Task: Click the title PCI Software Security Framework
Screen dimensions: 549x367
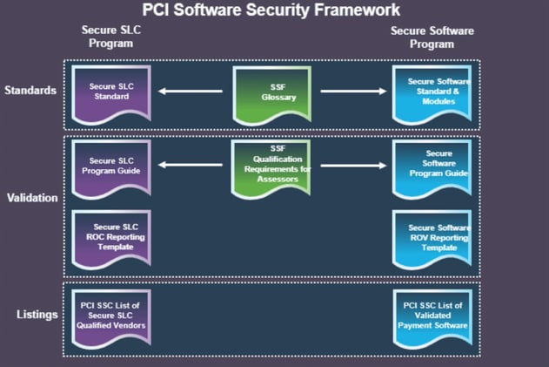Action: point(271,10)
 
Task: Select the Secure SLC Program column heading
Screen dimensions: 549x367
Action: point(111,37)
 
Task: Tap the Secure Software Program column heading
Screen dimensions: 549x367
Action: point(432,37)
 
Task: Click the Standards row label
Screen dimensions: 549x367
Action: point(30,90)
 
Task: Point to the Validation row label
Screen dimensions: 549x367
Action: point(32,198)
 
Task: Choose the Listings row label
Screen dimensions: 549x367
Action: point(37,315)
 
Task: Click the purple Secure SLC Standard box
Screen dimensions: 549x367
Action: point(111,95)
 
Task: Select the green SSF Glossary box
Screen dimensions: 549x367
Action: point(272,95)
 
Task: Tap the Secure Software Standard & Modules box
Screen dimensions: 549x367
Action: point(432,95)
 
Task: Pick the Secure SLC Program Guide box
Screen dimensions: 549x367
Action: point(111,169)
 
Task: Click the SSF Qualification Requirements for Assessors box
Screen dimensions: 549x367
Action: point(271,169)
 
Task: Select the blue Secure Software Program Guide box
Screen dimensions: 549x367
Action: point(432,169)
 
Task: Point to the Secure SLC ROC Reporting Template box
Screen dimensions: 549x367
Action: point(111,239)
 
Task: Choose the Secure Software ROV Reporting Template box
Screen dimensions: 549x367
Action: point(432,239)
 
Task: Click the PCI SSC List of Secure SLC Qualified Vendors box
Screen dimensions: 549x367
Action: point(111,318)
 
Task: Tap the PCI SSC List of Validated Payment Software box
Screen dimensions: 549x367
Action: point(432,318)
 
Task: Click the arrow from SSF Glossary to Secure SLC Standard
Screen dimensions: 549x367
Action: point(191,92)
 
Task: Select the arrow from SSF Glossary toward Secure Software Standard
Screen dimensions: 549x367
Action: point(353,92)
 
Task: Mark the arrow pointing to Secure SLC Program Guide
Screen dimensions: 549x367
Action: point(191,165)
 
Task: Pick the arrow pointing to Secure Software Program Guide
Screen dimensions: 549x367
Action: point(353,166)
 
